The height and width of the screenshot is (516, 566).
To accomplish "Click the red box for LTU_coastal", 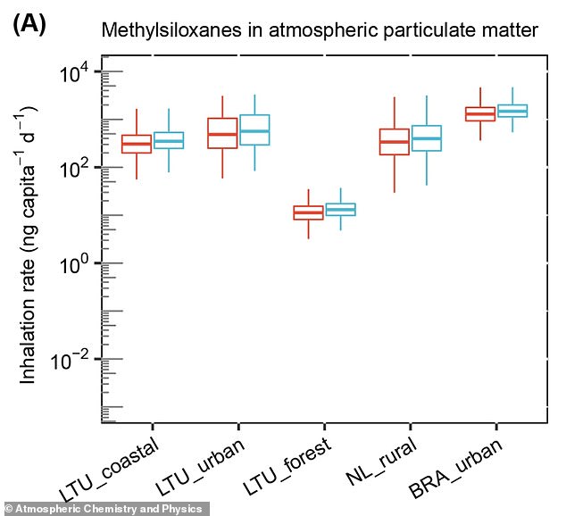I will pyautogui.click(x=137, y=144).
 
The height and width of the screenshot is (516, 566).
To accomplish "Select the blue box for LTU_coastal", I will pyautogui.click(x=169, y=140).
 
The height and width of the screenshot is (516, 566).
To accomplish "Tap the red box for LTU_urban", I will pyautogui.click(x=222, y=133).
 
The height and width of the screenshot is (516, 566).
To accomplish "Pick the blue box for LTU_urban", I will pyautogui.click(x=254, y=130).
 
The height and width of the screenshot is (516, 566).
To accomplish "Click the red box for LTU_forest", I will pyautogui.click(x=309, y=212).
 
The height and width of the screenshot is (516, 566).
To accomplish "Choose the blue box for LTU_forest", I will pyautogui.click(x=340, y=210).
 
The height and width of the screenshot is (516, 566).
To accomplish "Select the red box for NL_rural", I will pyautogui.click(x=394, y=142).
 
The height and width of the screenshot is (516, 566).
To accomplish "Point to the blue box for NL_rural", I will pyautogui.click(x=427, y=137).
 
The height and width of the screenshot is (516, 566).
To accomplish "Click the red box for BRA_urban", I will pyautogui.click(x=480, y=113).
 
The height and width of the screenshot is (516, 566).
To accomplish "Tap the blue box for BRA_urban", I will pyautogui.click(x=512, y=111).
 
